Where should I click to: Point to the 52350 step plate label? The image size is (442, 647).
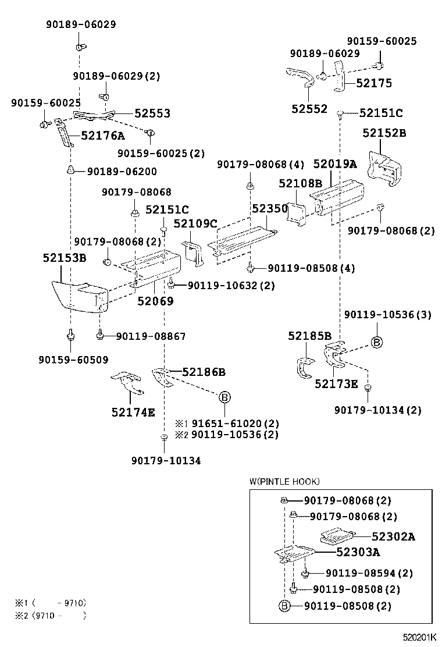[270, 208]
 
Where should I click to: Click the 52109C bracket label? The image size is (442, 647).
[195, 223]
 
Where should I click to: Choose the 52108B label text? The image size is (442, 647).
[300, 184]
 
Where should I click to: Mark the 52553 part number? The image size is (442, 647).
[152, 113]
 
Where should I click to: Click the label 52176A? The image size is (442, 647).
[103, 136]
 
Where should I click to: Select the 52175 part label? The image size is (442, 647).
[374, 83]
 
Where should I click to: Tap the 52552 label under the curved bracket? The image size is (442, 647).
[309, 109]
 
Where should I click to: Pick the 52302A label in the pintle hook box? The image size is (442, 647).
[393, 537]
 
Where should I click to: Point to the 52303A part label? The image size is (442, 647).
[358, 552]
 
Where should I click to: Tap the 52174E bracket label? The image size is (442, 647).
[133, 413]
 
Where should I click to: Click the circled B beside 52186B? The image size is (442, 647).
[224, 397]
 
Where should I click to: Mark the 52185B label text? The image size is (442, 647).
[309, 336]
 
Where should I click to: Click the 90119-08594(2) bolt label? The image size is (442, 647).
[369, 574]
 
